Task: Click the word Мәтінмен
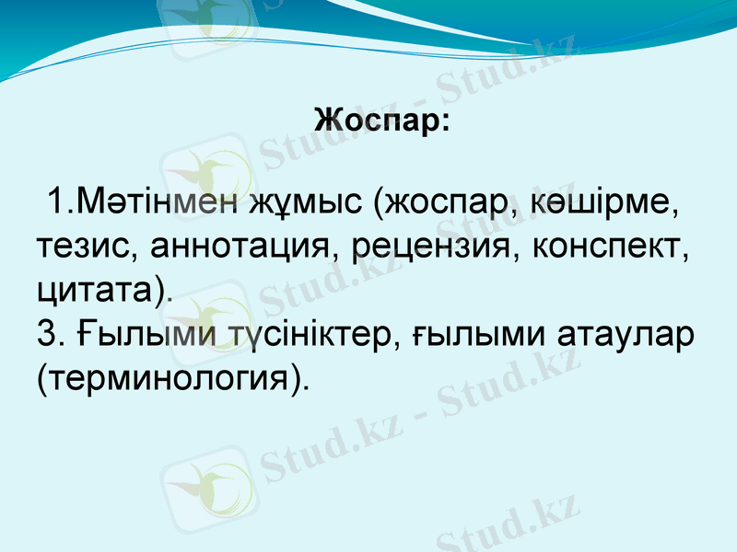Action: (157, 200)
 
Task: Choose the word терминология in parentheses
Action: (170, 377)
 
